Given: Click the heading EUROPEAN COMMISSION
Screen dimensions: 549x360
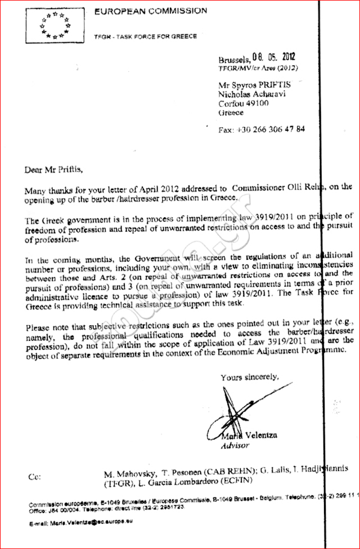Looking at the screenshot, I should point(150,11).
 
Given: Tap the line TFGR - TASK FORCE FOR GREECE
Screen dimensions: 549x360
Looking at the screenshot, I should point(145,37).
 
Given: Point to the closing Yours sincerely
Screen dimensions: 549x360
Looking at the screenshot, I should point(249,377).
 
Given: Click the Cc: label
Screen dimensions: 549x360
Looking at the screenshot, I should point(34,477).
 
